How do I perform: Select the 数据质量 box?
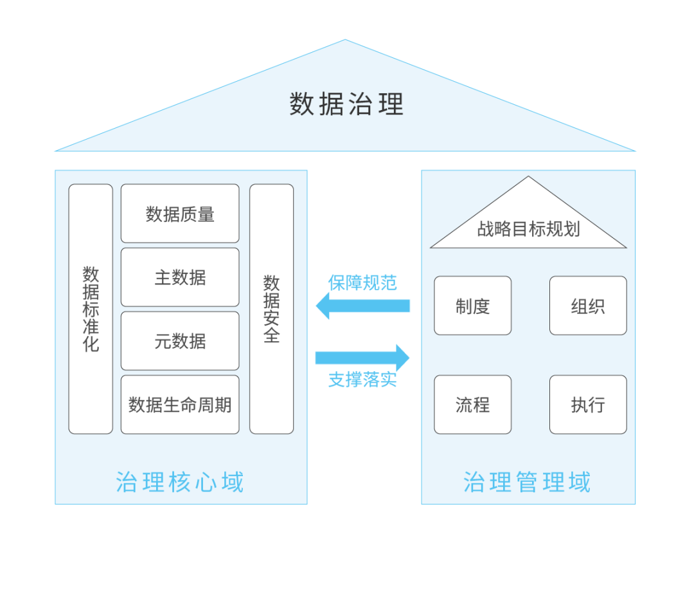(180, 214)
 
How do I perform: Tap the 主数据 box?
(180, 277)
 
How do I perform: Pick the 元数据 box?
(180, 341)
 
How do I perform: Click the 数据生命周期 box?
(180, 405)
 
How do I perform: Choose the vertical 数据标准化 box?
(91, 309)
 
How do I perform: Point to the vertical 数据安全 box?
(271, 309)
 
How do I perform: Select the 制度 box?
(472, 306)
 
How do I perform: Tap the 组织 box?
(588, 306)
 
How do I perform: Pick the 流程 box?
(472, 405)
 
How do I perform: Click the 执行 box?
(588, 405)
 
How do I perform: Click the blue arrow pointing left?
(362, 306)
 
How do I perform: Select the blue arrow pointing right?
(362, 358)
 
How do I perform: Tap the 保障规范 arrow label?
(362, 282)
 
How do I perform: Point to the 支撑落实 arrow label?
(362, 380)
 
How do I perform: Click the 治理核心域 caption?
(180, 482)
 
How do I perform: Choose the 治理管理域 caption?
(527, 482)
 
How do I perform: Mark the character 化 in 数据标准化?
(91, 344)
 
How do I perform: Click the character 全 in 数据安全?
(271, 335)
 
